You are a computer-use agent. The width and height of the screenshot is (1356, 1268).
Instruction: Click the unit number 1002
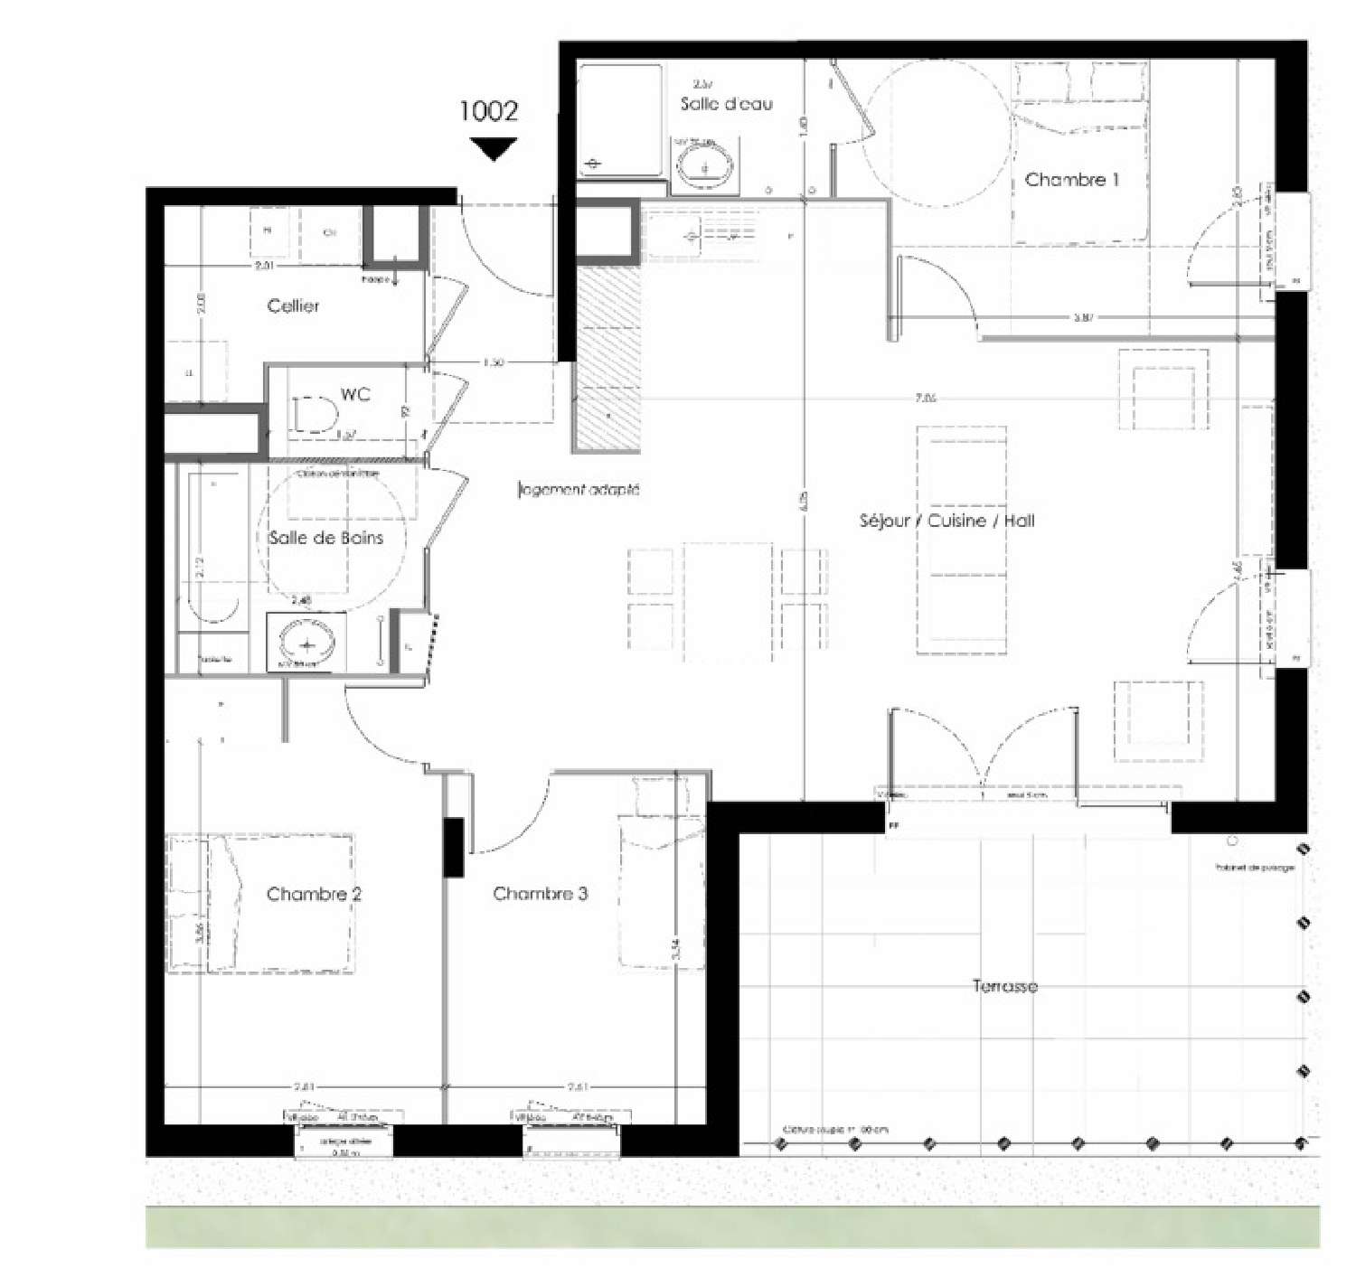tap(489, 111)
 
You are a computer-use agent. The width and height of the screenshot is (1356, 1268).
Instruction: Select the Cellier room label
tap(293, 306)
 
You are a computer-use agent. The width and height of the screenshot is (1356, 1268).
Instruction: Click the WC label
tap(355, 395)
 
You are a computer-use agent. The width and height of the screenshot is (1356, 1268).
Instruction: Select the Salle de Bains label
tap(325, 538)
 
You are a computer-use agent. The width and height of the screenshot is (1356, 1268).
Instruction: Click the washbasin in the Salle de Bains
tap(306, 643)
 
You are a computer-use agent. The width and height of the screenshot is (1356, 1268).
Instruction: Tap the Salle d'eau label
tap(727, 104)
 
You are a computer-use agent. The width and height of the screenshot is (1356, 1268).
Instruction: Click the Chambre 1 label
tap(1071, 180)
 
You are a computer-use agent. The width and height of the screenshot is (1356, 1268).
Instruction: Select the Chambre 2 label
tap(314, 894)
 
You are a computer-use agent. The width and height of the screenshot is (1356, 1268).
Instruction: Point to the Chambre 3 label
tap(540, 894)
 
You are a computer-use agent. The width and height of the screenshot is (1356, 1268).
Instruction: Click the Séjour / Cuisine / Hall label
tap(946, 521)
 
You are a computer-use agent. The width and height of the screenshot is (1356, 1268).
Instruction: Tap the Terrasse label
tap(1004, 986)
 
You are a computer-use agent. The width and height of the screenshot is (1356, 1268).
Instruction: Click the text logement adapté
tap(579, 490)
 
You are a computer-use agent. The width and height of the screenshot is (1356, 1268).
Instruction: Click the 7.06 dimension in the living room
tap(925, 398)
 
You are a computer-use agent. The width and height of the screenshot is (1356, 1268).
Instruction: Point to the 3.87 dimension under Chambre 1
tap(1084, 317)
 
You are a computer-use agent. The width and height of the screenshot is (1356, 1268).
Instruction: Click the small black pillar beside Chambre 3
tap(453, 847)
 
